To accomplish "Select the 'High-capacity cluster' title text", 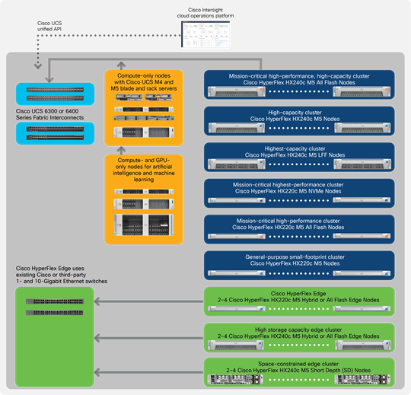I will pos(300,111).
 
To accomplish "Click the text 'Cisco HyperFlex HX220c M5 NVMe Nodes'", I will pos(300,191).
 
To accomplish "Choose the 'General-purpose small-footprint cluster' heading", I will pos(300,257).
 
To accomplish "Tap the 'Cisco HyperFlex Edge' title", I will pos(300,292).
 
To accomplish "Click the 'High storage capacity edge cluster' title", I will pos(300,328).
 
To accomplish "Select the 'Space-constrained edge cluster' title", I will pos(300,363).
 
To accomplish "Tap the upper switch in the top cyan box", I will pos(54,90).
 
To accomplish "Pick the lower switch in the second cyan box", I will pos(54,137).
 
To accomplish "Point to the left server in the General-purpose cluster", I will pos(235,272).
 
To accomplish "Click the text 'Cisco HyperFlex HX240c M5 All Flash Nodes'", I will pos(300,83).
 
